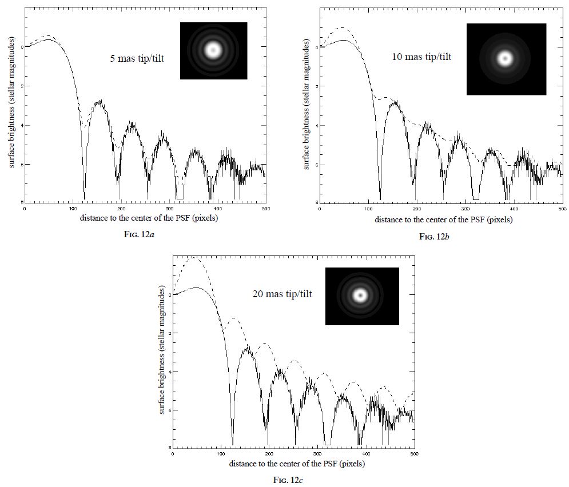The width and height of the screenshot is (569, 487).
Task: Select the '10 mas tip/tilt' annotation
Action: pos(421,57)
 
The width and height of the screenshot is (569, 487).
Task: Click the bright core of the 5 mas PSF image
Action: pos(213,50)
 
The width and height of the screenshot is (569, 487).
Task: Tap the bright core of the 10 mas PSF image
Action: pos(504,58)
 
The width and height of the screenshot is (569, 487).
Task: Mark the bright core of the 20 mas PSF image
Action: pos(360,296)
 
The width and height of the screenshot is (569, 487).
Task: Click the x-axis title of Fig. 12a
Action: pos(145,218)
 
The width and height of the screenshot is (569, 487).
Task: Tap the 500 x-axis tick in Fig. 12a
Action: pos(265,208)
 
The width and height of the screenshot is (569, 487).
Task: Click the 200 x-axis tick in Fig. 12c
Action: pos(269,453)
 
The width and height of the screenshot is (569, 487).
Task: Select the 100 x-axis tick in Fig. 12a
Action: pos(73,208)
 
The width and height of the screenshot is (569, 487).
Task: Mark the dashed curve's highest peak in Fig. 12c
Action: pos(196,258)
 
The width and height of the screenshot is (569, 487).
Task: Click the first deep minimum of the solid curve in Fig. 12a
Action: pos(84,197)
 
